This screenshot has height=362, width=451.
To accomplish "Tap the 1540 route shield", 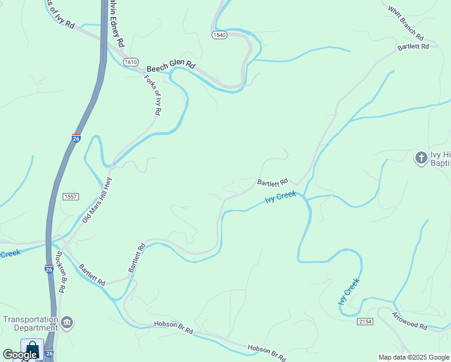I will (x=219, y=36).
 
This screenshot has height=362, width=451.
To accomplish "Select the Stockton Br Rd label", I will (x=61, y=271).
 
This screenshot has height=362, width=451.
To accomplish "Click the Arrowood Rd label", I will (x=409, y=321).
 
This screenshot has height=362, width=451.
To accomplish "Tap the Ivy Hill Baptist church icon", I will (x=421, y=158).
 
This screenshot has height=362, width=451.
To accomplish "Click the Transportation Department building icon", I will (x=67, y=323).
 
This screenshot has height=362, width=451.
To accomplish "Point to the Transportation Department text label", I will (x=30, y=323).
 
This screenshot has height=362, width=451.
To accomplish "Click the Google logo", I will (x=20, y=355).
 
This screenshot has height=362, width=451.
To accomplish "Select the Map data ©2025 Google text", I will (x=414, y=357).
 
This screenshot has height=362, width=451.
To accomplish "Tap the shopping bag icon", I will (x=31, y=349).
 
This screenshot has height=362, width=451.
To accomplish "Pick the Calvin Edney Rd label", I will (x=116, y=23).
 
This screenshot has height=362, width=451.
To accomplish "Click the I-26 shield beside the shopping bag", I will (x=49, y=354).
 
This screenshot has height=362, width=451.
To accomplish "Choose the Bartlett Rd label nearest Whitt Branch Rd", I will (x=413, y=46).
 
